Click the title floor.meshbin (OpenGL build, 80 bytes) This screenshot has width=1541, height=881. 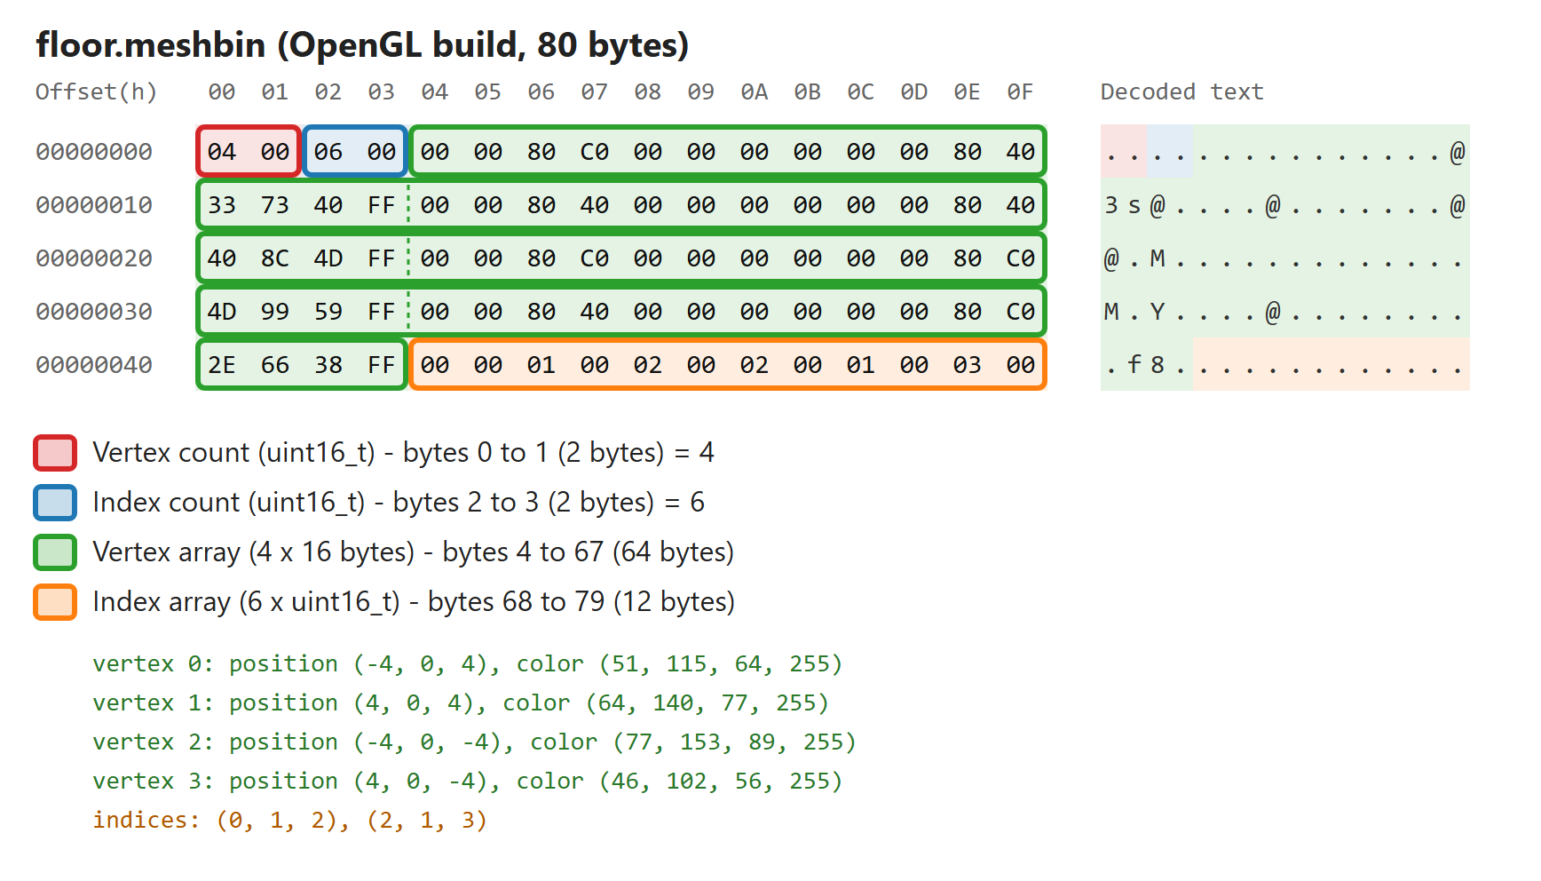[362, 45]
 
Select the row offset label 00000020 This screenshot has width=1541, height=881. [94, 258]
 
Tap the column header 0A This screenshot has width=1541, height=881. [755, 91]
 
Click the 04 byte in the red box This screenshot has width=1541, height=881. [222, 152]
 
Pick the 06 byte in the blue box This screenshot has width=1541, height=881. [328, 152]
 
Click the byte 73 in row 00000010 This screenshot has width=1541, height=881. [275, 205]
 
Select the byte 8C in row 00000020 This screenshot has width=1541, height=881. [275, 258]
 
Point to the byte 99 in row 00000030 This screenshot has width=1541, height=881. [275, 312]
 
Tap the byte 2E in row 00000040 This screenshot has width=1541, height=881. [222, 365]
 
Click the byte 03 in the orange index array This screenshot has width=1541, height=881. [968, 365]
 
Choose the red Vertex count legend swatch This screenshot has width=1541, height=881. [55, 453]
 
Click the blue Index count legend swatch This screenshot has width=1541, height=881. [55, 503]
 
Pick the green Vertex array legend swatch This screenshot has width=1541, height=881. [55, 552]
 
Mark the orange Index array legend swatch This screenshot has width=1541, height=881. [55, 602]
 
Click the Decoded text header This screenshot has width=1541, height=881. [1181, 91]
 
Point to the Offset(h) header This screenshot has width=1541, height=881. [96, 91]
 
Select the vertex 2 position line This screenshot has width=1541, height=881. [474, 742]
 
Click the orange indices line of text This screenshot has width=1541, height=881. [290, 820]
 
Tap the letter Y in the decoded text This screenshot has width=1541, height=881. [1158, 312]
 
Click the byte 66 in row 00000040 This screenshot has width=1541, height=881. [275, 365]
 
